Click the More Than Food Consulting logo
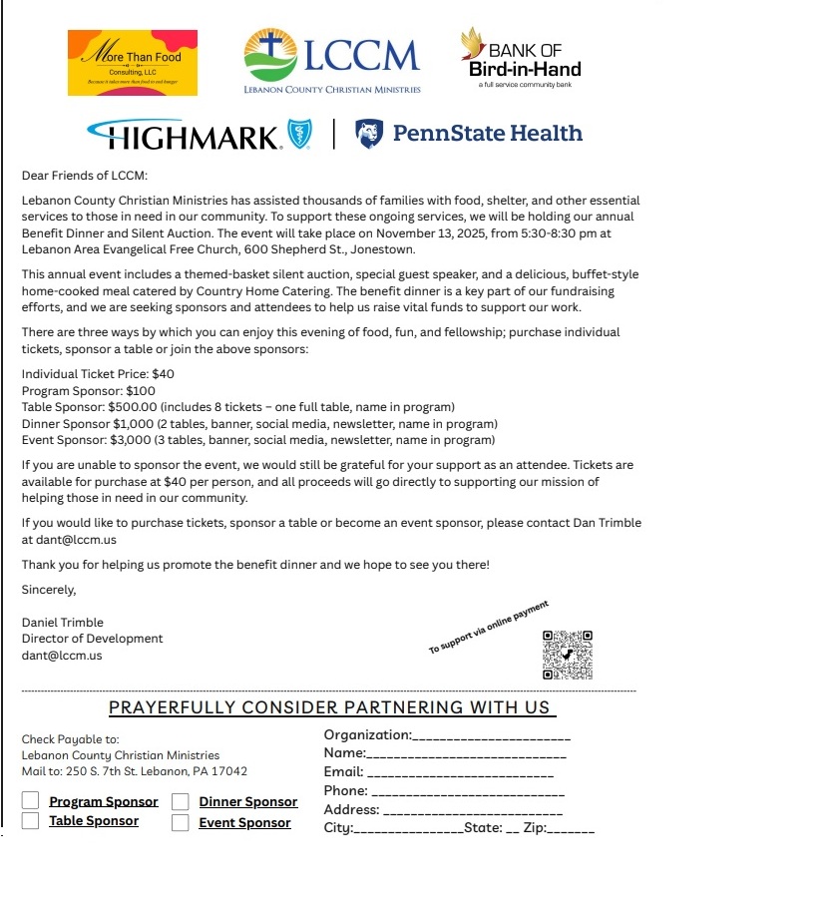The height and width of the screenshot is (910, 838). [x=133, y=63]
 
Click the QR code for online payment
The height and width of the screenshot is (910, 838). [x=568, y=656]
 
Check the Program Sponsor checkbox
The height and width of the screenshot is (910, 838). [x=31, y=801]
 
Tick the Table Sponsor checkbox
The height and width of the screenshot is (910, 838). [x=31, y=821]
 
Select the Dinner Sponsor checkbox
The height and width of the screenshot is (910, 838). [x=181, y=802]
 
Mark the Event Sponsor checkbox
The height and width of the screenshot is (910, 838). [x=181, y=823]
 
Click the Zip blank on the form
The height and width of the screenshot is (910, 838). [x=572, y=830]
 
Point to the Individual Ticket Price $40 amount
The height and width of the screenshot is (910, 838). [x=163, y=374]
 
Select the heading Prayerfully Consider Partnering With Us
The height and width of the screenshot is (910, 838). [x=329, y=707]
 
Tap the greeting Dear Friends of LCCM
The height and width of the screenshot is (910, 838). [x=85, y=176]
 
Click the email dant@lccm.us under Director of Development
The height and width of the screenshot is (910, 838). [x=62, y=656]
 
